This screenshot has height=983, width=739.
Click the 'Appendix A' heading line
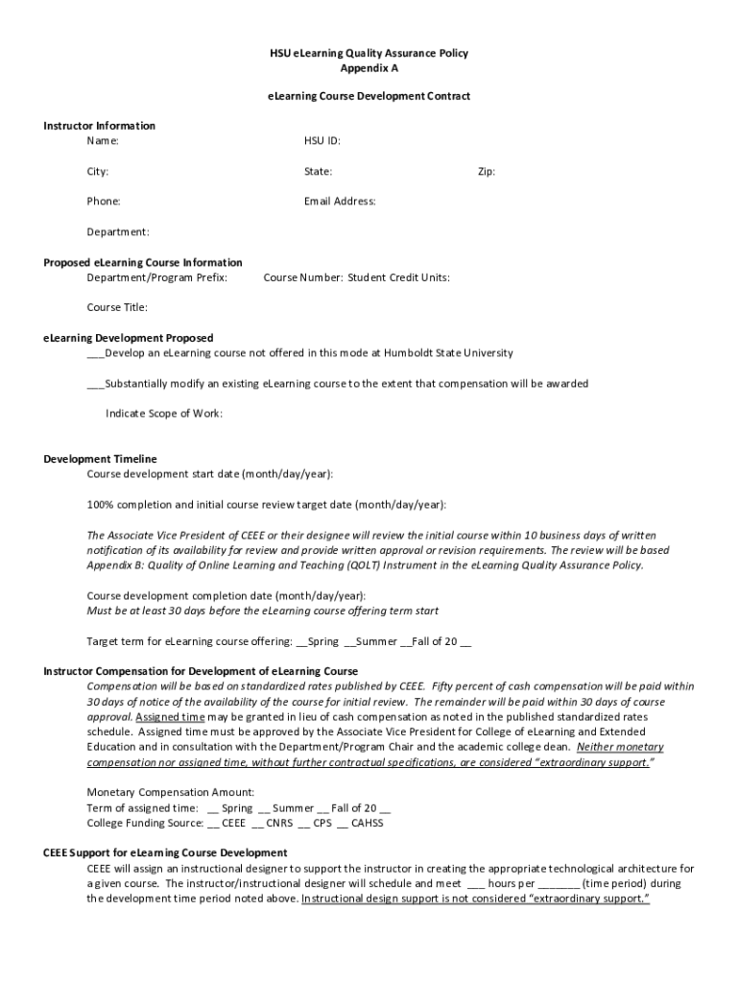pyautogui.click(x=369, y=68)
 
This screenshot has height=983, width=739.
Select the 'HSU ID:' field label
pyautogui.click(x=322, y=141)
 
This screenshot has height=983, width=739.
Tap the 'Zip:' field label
pyautogui.click(x=487, y=172)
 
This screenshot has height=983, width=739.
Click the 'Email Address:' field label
pyautogui.click(x=340, y=202)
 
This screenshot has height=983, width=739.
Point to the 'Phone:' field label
pyautogui.click(x=104, y=202)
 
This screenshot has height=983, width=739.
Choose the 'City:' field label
pyautogui.click(x=98, y=172)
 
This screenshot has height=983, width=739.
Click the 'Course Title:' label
pyautogui.click(x=117, y=307)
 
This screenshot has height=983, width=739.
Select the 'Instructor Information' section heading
pyautogui.click(x=100, y=126)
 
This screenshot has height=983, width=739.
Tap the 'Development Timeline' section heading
pyautogui.click(x=100, y=459)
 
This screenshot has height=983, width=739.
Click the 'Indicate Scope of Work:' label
pyautogui.click(x=164, y=413)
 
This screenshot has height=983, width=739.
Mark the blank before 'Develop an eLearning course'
pyautogui.click(x=95, y=353)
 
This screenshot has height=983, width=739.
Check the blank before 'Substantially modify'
pyautogui.click(x=95, y=384)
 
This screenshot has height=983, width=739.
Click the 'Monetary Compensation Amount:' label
pyautogui.click(x=171, y=792)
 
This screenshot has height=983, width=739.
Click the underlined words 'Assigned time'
pyautogui.click(x=170, y=717)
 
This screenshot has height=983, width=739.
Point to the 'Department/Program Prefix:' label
pyautogui.click(x=157, y=277)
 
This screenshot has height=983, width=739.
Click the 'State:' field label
pyautogui.click(x=319, y=172)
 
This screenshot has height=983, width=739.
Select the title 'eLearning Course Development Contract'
pyautogui.click(x=369, y=97)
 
